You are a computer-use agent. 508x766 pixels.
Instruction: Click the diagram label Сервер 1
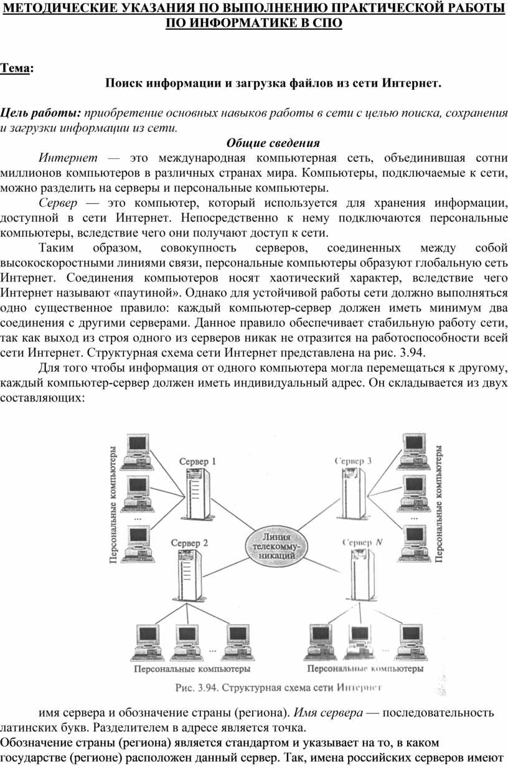pos(197,461)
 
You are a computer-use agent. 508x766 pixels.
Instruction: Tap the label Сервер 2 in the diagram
pos(189,542)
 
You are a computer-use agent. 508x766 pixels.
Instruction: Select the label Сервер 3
pos(353,461)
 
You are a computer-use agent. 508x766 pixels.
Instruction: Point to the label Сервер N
pos(362,542)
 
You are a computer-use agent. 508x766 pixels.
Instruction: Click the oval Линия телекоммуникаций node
pos(276,546)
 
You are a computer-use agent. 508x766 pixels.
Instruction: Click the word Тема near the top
pos(15,68)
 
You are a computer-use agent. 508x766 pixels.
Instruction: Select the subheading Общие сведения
pos(273,143)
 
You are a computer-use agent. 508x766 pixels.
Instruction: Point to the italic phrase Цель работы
pos(40,113)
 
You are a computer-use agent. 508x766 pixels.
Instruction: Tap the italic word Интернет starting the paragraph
pos(68,158)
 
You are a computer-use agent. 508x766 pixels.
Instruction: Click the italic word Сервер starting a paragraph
pos(58,203)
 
